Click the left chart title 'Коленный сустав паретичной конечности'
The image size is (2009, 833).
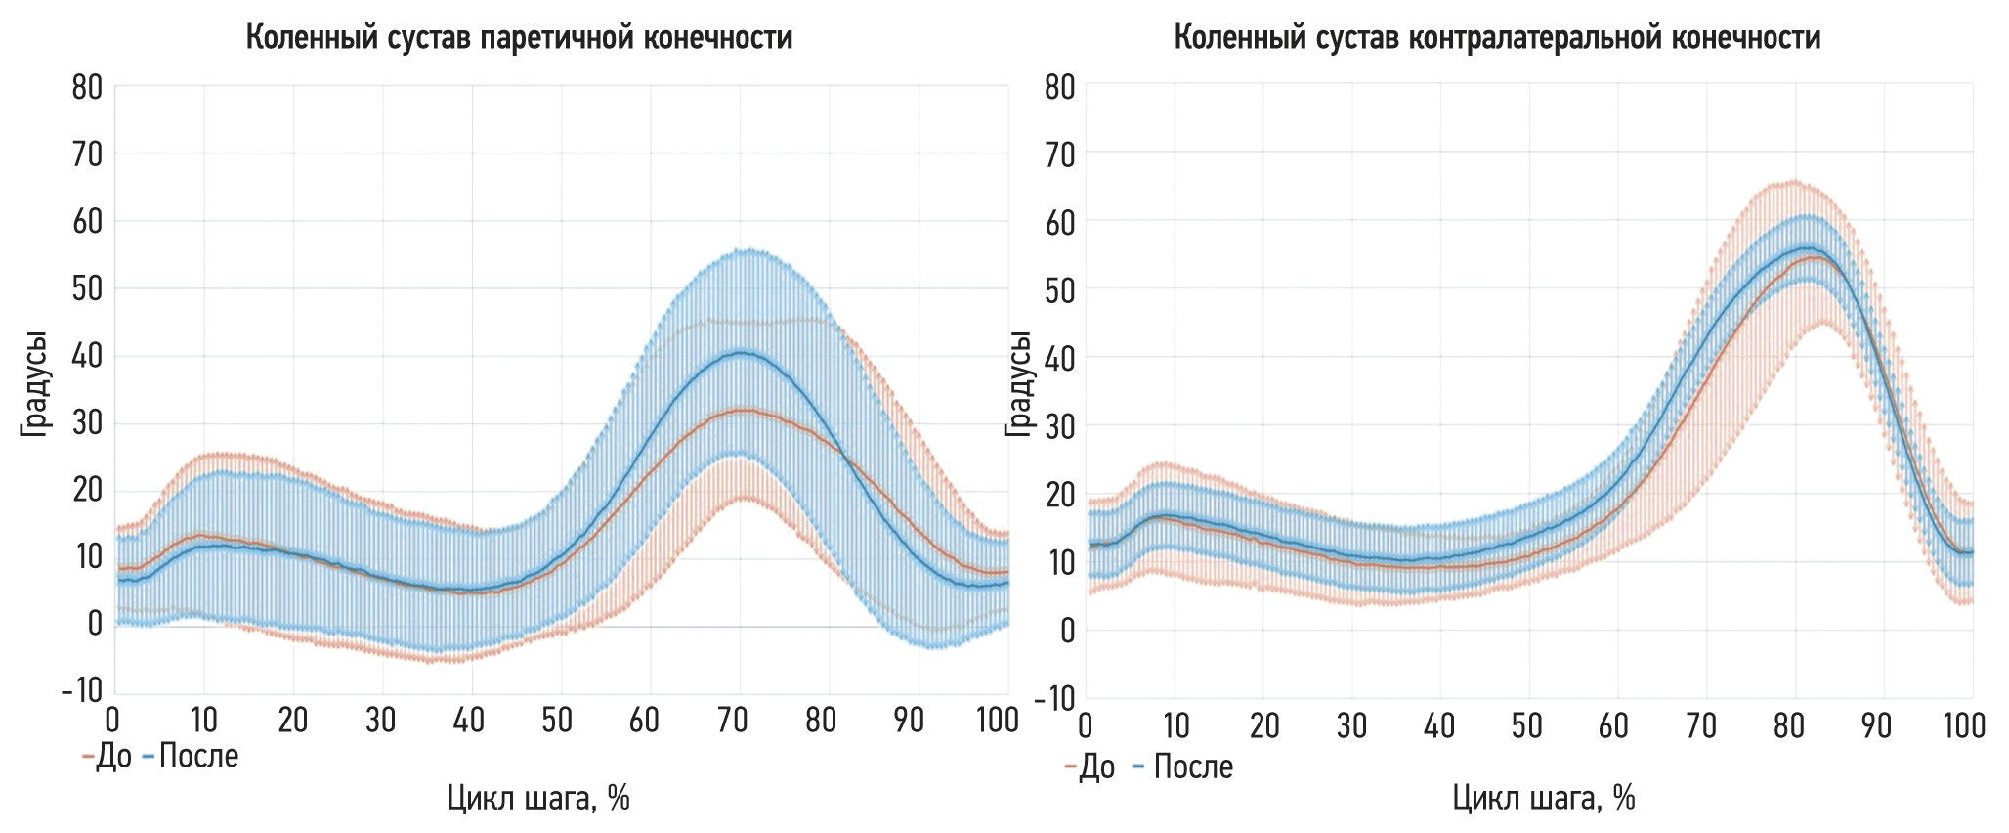[519, 38]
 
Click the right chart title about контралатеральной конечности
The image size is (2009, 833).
[1497, 38]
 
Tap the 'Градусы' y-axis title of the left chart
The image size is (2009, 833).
[35, 383]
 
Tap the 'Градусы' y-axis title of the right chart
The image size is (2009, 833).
[1019, 383]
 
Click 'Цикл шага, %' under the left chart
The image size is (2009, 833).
[538, 799]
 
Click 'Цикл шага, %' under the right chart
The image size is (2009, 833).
[1544, 799]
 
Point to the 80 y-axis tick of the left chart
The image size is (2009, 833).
[87, 87]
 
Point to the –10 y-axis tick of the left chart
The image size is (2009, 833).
[82, 690]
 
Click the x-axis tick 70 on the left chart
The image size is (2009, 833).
[732, 722]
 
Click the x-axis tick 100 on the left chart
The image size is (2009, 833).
[997, 722]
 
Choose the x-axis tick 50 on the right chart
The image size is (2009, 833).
[1526, 725]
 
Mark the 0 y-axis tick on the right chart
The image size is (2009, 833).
[1067, 631]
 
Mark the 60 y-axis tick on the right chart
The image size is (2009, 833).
[1060, 223]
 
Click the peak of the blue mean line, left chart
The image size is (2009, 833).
[742, 352]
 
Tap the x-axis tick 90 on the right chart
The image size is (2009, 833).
[1876, 725]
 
